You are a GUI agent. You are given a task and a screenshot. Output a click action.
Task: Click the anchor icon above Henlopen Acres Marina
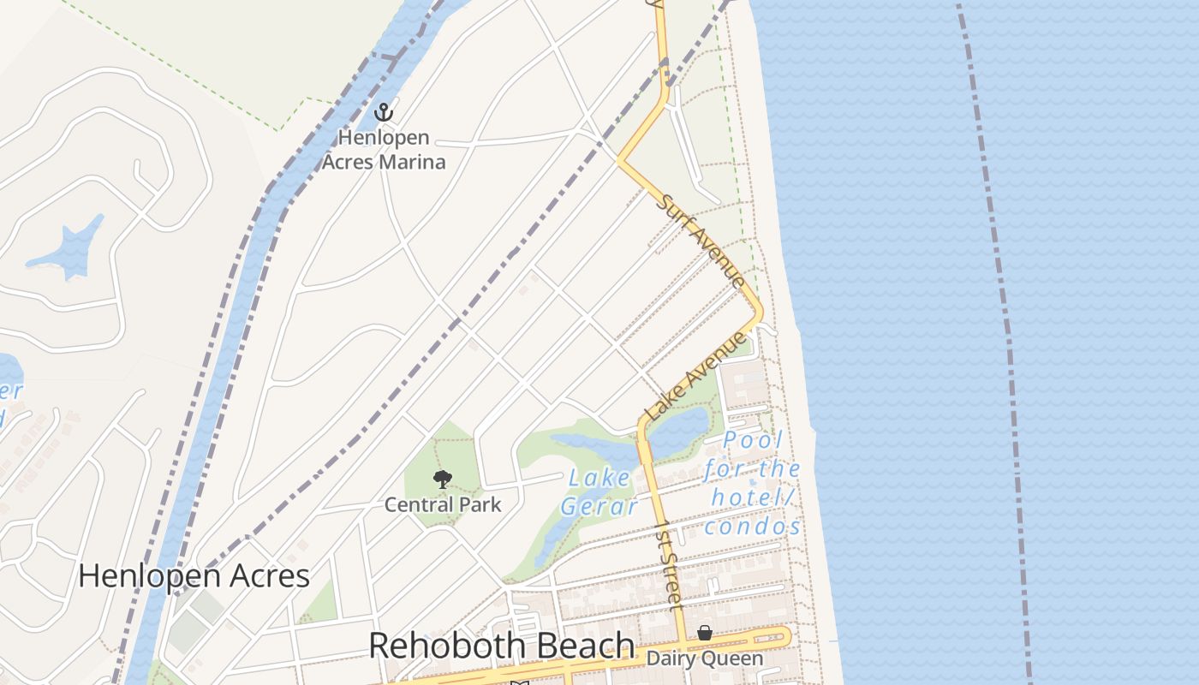(384, 111)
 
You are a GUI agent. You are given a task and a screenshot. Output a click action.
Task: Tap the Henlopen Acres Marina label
(384, 149)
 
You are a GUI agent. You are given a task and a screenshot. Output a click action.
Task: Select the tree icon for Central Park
(442, 479)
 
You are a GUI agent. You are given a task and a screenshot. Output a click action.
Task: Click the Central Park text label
(443, 504)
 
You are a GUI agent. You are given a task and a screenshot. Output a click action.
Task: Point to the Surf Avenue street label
(701, 241)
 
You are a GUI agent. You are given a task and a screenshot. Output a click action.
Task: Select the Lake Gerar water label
(599, 492)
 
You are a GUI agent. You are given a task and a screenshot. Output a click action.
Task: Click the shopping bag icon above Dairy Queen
(704, 633)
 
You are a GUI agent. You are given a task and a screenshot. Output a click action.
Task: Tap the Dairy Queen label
(704, 658)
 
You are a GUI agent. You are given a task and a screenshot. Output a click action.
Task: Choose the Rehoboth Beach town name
(502, 646)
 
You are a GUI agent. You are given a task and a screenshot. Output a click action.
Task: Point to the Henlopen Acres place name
(194, 575)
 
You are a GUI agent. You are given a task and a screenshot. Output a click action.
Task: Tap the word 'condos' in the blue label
(753, 526)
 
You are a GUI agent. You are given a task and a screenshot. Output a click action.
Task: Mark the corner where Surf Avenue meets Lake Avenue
(759, 314)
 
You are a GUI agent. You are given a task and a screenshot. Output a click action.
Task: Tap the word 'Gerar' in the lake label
(599, 507)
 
